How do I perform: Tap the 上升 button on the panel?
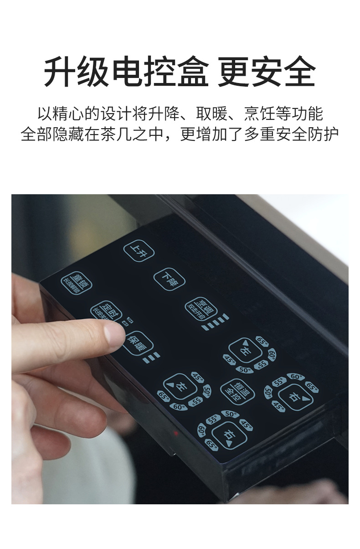[139, 251]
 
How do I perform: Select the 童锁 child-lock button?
[77, 284]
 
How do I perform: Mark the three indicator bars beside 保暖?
[152, 358]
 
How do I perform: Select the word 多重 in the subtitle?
[259, 135]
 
